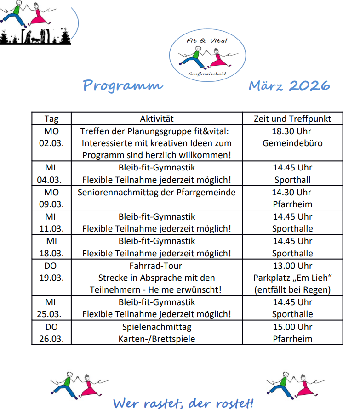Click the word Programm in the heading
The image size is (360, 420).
pos(123,85)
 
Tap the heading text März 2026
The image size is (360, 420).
pos(289,85)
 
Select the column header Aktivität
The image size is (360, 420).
pos(157,119)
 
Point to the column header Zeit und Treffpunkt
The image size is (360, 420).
pos(292,119)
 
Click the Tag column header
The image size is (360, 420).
pos(51,119)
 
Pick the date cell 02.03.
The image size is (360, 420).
pos(51,143)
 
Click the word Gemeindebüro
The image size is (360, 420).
pos(292,143)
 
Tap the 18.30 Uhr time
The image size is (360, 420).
pos(292,131)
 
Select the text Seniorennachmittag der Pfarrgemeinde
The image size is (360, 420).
pos(157,192)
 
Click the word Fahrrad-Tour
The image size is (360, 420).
pos(157,266)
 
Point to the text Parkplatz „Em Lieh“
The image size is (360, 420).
pos(292,278)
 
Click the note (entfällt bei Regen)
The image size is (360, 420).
pos(292,290)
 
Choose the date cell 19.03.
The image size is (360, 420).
pos(51,278)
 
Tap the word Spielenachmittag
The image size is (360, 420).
pos(157,327)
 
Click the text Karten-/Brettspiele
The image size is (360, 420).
pos(157,339)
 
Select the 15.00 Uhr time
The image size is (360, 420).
pos(292,327)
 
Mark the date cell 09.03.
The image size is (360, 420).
pos(51,204)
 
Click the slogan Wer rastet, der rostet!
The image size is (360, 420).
pos(183,403)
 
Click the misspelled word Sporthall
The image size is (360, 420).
pos(292,180)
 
